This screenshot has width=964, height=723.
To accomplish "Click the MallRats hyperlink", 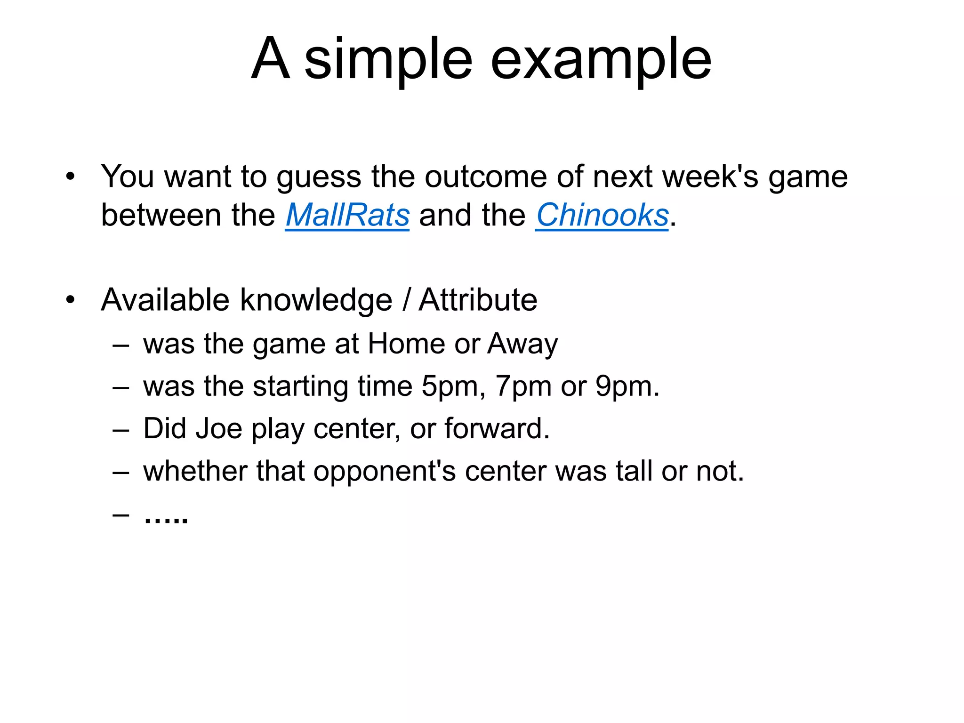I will [x=347, y=216].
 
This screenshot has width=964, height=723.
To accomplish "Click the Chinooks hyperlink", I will [x=602, y=216].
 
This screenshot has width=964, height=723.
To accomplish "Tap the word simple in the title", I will [x=388, y=60].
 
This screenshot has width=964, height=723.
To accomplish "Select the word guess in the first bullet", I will [x=318, y=178].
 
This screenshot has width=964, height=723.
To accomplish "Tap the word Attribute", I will [x=478, y=300].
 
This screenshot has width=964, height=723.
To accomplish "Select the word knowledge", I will [x=316, y=301].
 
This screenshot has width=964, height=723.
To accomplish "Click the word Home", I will [x=406, y=343].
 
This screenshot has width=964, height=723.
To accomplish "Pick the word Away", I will [x=522, y=344].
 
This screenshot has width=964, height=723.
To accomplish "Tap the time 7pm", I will [x=523, y=387].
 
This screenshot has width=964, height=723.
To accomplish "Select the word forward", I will [x=496, y=429].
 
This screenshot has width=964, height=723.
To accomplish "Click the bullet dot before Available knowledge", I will [x=71, y=300].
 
